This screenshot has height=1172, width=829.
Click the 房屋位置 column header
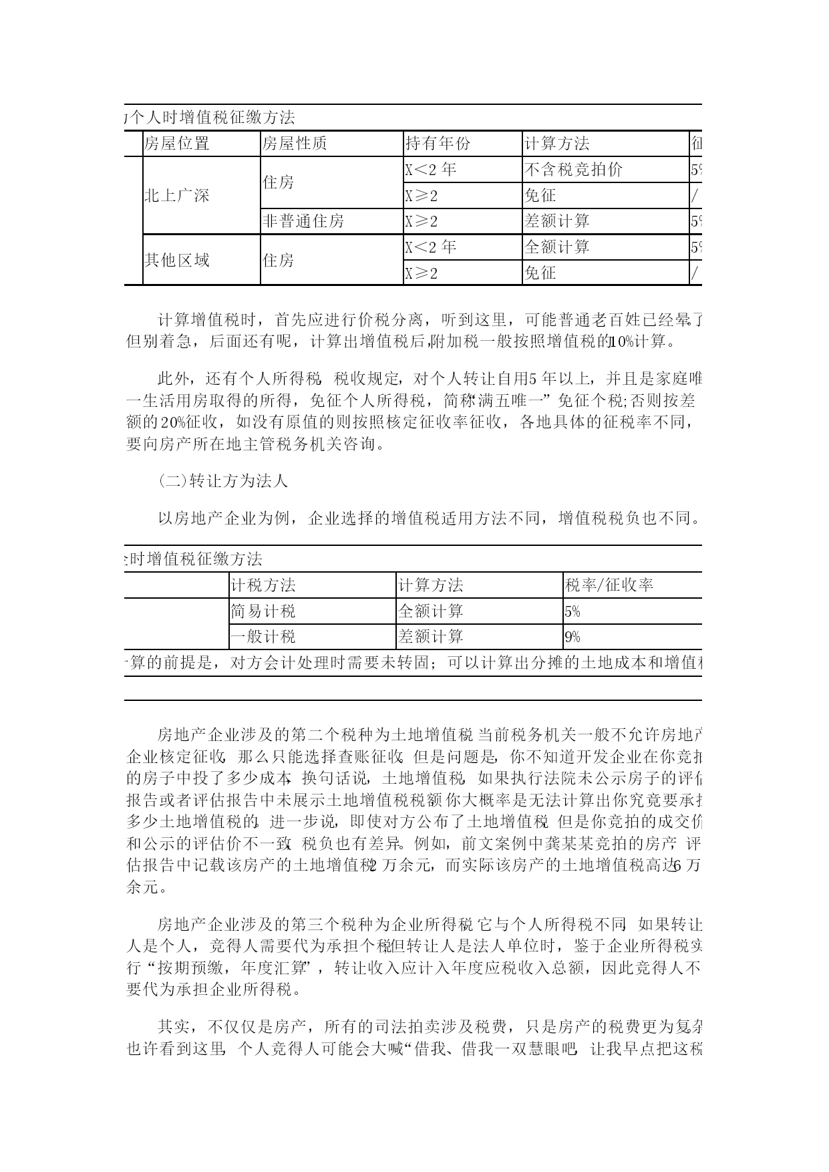177,144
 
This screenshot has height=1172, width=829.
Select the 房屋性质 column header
295,144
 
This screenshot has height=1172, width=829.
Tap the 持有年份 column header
438,144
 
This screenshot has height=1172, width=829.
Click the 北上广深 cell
177,196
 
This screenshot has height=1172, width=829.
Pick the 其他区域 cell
177,260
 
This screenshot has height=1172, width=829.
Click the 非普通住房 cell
304,221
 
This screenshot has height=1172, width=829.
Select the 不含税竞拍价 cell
574,170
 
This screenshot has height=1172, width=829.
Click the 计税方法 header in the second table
263,586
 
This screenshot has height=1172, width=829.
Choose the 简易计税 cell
263,611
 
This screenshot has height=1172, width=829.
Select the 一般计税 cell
263,637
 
